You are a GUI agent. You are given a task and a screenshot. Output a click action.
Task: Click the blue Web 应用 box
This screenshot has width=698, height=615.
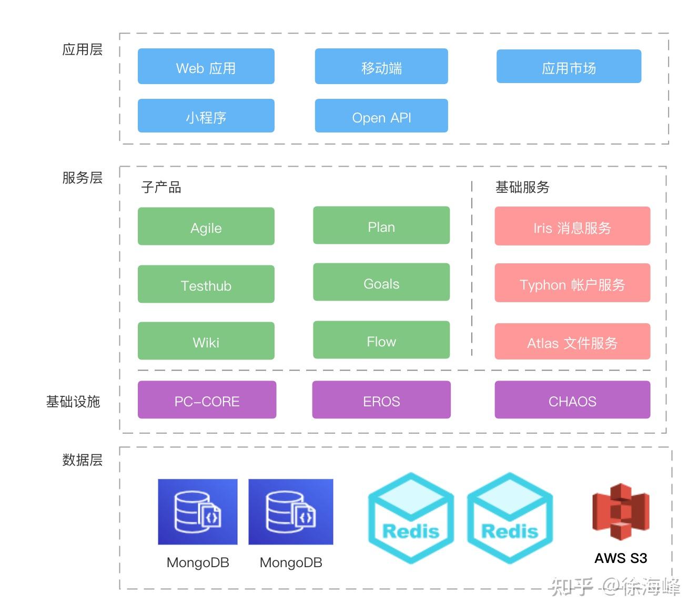point(206,67)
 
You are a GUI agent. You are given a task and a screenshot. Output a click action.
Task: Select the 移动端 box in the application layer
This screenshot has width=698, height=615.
point(381,67)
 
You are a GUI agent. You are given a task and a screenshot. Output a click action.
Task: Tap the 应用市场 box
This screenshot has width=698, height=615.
point(569,67)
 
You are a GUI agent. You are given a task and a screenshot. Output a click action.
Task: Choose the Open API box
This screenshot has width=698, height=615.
point(381,116)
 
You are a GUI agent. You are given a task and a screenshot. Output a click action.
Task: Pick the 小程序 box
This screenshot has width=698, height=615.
point(206,116)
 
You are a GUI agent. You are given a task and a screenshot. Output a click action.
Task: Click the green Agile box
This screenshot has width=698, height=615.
point(206,227)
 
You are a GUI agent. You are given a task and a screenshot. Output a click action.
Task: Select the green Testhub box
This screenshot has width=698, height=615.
point(206,284)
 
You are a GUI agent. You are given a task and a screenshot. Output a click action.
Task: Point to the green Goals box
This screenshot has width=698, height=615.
point(381,282)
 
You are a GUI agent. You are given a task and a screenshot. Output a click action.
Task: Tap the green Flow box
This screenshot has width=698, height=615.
point(381,340)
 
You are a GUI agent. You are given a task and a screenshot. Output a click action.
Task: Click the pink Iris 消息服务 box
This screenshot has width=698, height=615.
point(572,227)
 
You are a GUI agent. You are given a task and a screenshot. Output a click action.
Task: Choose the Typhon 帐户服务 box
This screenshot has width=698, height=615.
point(572,283)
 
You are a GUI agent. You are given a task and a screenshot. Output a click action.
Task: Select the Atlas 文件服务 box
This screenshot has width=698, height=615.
point(572,342)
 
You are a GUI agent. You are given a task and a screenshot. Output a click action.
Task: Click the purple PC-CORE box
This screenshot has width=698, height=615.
point(207,400)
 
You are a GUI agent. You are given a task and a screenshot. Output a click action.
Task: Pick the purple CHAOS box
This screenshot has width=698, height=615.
point(572,400)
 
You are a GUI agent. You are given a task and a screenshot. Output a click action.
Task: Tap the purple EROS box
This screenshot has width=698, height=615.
point(381,400)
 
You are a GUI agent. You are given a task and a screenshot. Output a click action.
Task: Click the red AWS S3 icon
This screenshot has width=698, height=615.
point(621,512)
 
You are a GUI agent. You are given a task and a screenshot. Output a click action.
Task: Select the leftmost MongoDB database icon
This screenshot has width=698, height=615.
point(198,512)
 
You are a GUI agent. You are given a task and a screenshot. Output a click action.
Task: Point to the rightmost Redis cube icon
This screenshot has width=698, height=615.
point(510,518)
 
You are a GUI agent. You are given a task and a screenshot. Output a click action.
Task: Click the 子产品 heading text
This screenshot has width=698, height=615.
point(161,187)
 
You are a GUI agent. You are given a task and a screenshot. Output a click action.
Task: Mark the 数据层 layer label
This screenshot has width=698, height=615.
point(82,460)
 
